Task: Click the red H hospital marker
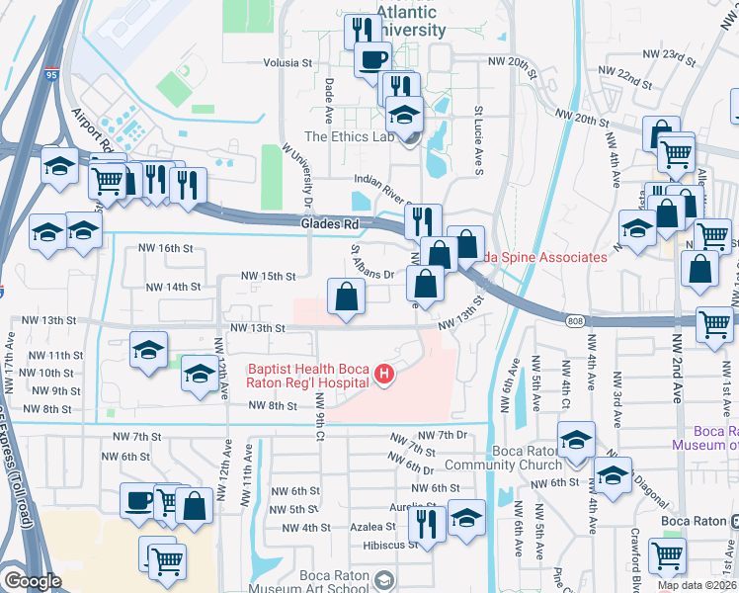(x=384, y=375)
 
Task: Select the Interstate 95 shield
(x=49, y=73)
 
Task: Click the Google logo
(x=32, y=581)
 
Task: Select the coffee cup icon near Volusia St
(x=372, y=59)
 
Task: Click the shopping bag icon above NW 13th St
(x=346, y=296)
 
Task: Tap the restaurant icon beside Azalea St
(x=426, y=521)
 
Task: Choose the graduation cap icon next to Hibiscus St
(x=466, y=518)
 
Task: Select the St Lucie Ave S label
(x=478, y=128)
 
